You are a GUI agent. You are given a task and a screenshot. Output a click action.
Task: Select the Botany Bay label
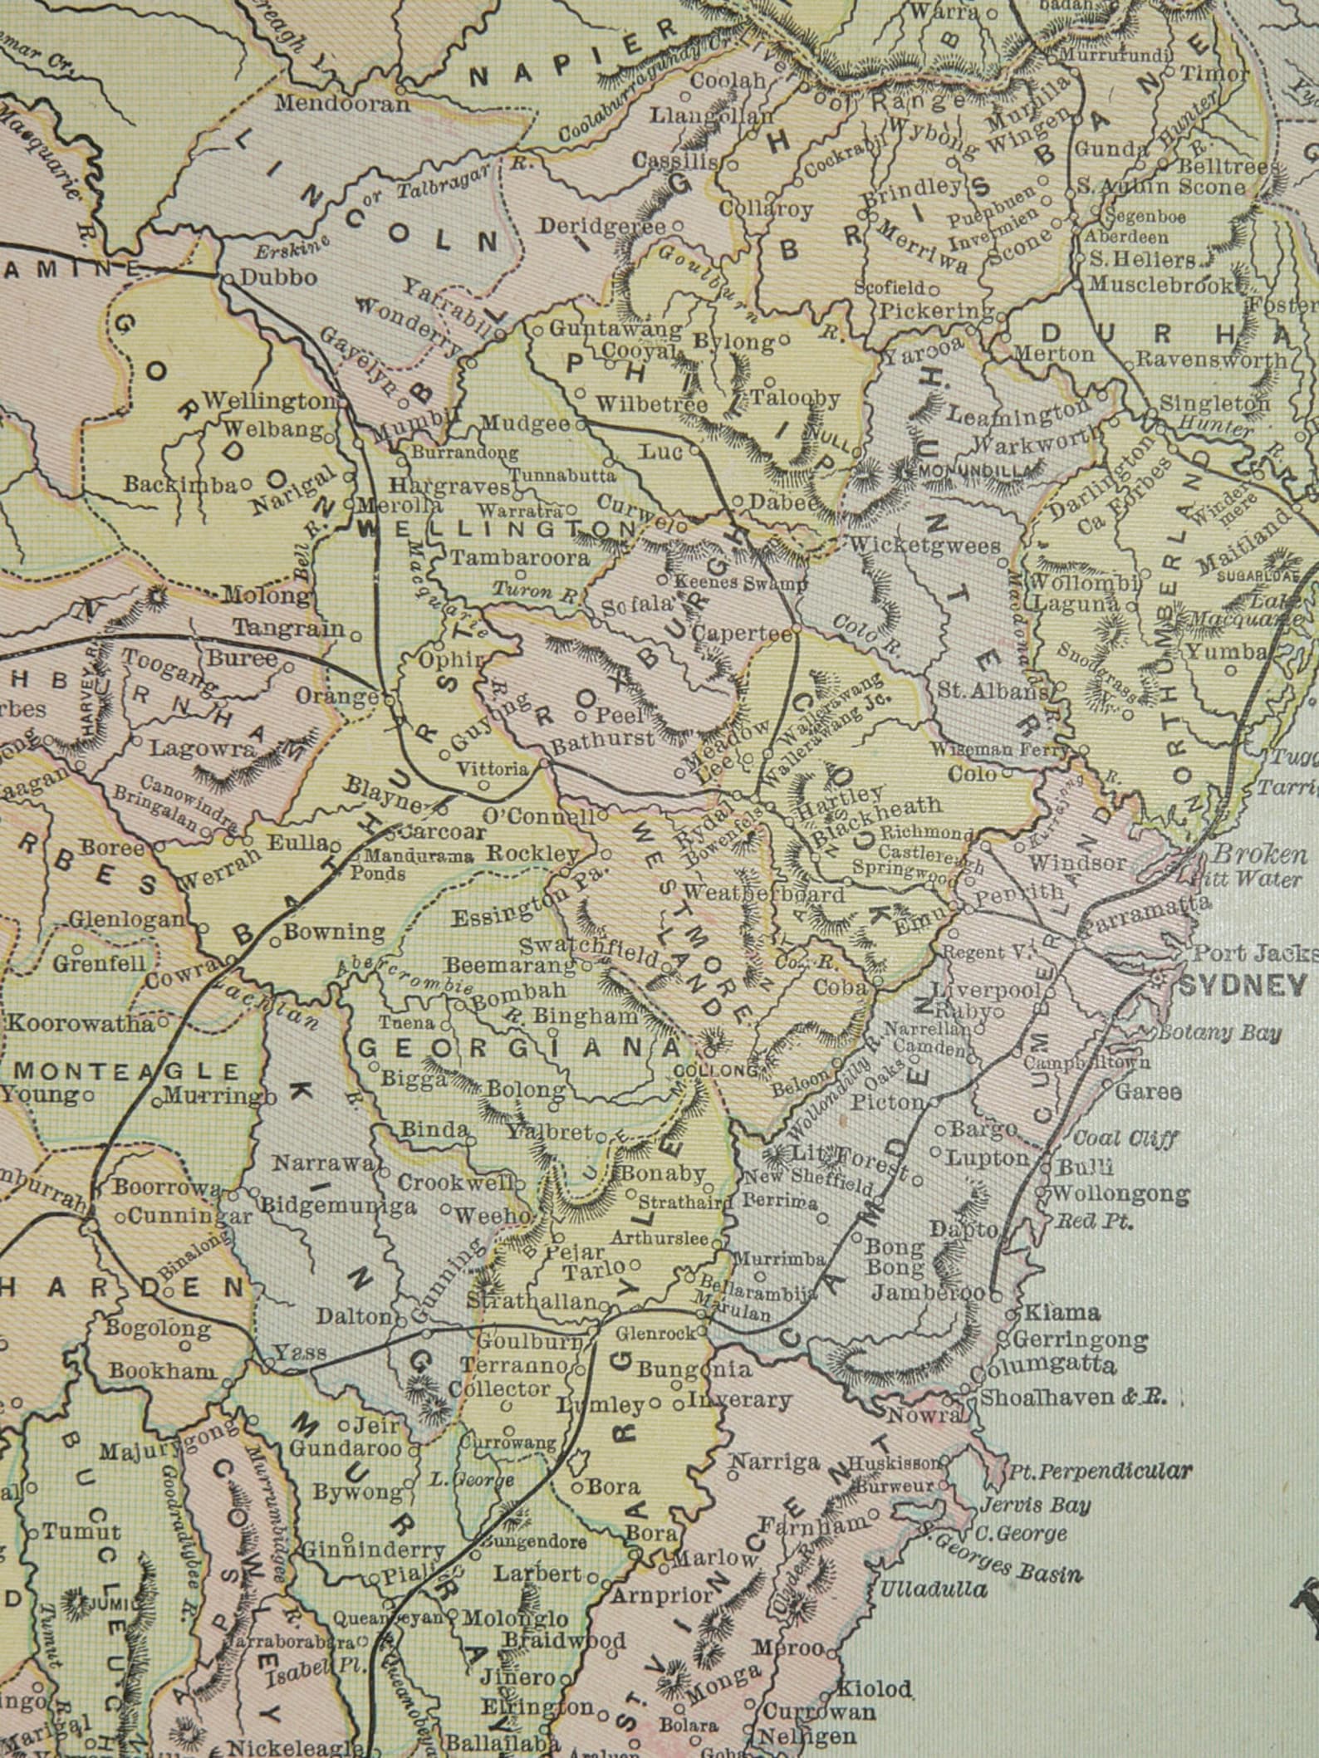tap(1218, 1033)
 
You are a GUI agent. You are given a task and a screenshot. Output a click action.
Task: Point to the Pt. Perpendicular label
tap(1099, 1472)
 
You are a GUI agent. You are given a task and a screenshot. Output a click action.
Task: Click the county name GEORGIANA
tap(516, 1048)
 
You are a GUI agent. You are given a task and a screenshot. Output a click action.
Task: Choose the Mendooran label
tap(342, 105)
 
